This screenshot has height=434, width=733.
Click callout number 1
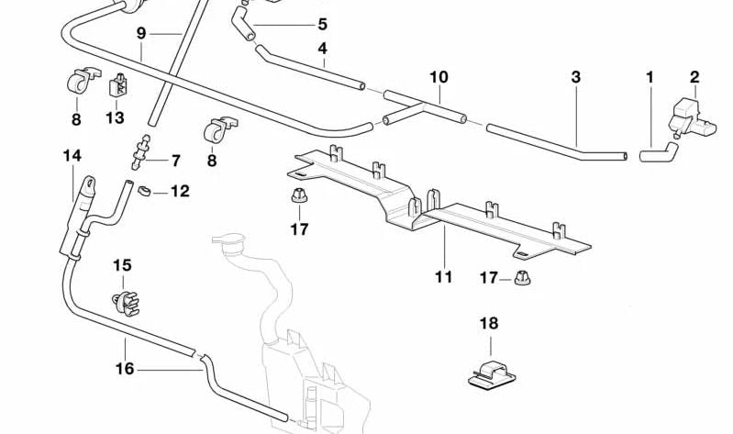(650, 78)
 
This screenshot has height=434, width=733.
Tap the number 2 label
(694, 77)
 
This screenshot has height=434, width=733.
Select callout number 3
(575, 78)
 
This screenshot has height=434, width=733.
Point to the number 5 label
(323, 47)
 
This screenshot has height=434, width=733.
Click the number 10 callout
(322, 24)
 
